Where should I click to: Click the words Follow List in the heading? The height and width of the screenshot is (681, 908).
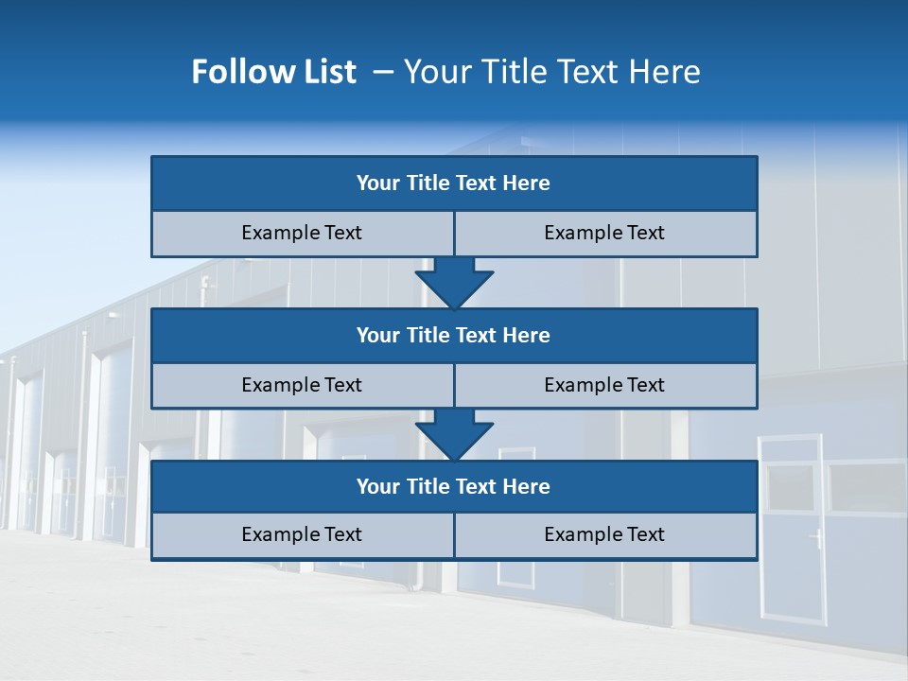tap(273, 72)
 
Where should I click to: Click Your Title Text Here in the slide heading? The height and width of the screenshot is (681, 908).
tap(551, 72)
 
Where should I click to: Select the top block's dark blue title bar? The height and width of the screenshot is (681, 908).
tap(454, 183)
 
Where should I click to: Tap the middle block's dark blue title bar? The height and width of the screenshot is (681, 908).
tap(454, 336)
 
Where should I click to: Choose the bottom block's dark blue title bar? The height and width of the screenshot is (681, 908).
tap(454, 487)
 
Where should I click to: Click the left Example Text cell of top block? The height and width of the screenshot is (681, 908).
tap(302, 234)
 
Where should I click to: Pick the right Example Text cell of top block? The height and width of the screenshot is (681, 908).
tap(604, 234)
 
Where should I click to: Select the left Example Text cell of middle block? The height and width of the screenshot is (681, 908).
tap(302, 386)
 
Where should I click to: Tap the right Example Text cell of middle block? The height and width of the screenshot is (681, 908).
tap(604, 386)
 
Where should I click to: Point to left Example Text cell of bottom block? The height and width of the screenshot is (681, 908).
tap(302, 535)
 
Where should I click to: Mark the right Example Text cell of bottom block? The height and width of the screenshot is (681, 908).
tap(604, 535)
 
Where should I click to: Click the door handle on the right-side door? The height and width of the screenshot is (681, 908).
tap(814, 540)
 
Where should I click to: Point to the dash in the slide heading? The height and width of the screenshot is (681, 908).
tap(383, 72)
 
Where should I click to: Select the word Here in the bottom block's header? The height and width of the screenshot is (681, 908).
tap(526, 487)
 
